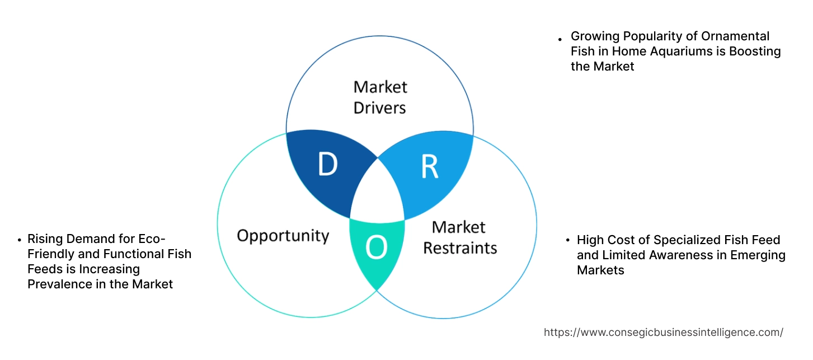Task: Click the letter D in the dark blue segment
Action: pos(327,164)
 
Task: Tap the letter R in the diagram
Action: pos(429,166)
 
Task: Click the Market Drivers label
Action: pos(380,97)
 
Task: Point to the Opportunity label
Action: pos(283,235)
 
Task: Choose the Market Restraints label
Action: pos(459,237)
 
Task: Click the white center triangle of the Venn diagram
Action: pos(378,193)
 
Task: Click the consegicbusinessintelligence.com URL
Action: pos(664,332)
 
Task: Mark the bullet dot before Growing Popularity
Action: pos(560,39)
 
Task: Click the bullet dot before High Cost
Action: pos(567,241)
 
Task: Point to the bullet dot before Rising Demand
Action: pos(20,240)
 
